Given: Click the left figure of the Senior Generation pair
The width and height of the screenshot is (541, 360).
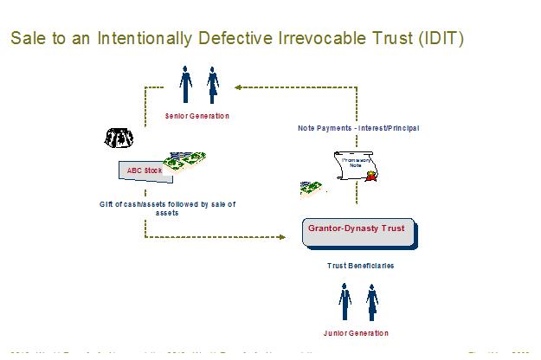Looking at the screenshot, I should [x=185, y=85].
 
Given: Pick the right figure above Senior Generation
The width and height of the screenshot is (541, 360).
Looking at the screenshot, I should [x=212, y=85].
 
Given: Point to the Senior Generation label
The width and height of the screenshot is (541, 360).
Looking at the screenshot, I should [x=198, y=115].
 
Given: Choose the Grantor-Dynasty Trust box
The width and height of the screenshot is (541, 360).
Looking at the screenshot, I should [x=358, y=233].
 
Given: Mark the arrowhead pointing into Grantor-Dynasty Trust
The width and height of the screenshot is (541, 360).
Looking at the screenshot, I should [x=282, y=235].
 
